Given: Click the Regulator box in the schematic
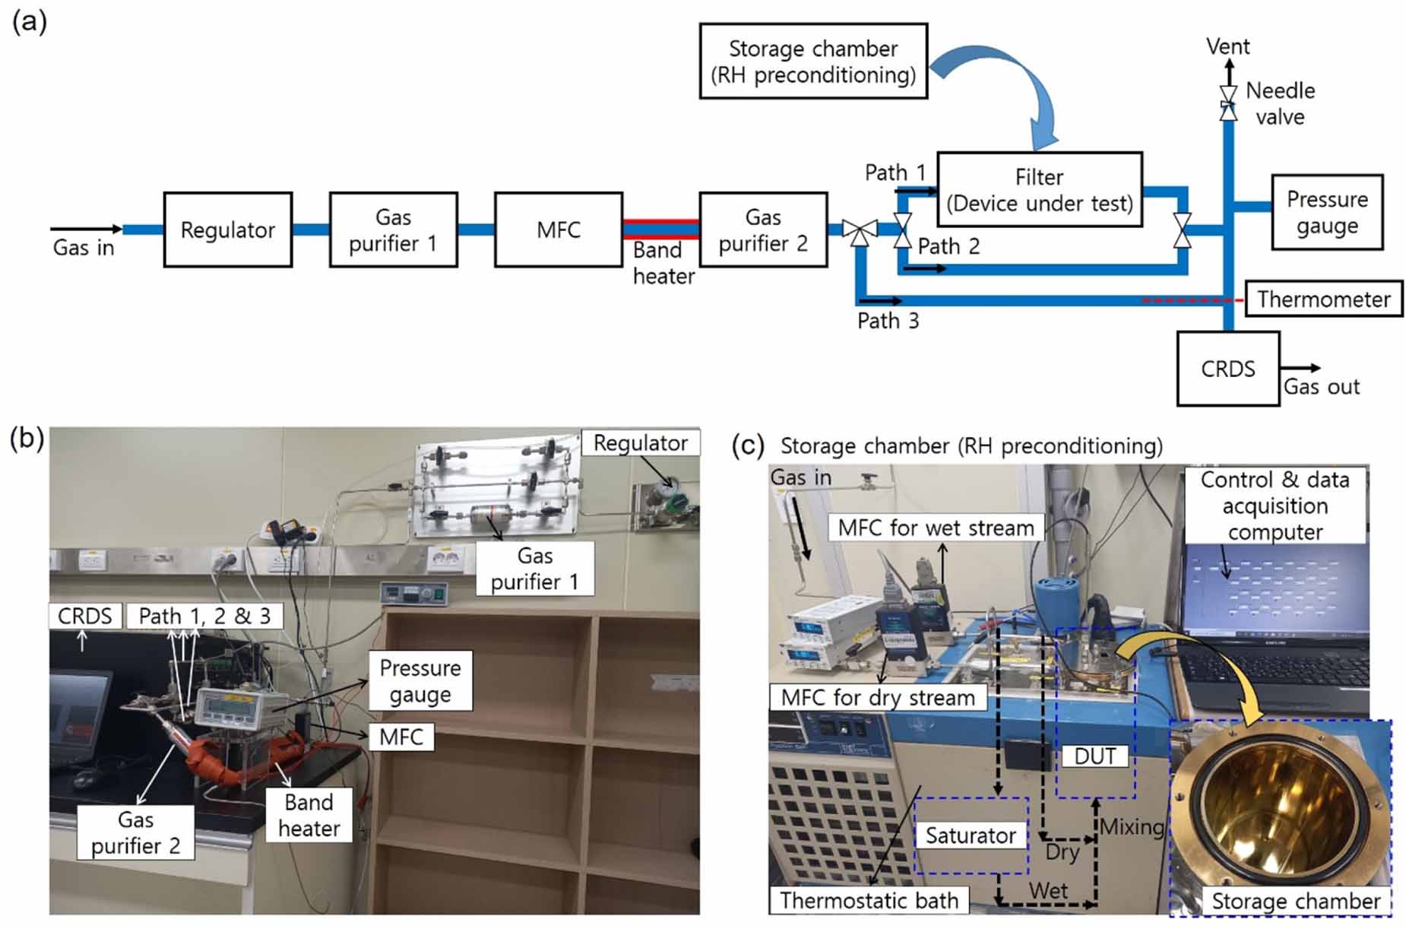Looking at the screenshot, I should coord(227,230).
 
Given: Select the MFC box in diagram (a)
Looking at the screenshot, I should coord(558,230).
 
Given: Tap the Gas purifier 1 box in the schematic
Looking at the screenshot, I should coord(393,230).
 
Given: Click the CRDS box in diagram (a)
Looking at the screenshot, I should coord(1227,369).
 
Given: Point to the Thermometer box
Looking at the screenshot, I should coord(1323,299).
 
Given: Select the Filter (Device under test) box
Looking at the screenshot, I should coord(1039,189).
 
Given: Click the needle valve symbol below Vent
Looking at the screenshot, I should coord(1227,103).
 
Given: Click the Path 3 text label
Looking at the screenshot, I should coord(887,321).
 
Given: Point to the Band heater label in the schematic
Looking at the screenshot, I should coord(663,263).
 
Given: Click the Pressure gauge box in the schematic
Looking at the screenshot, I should coord(1326,212).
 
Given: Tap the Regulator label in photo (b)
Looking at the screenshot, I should coord(640,443).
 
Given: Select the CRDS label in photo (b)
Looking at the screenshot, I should coord(84,616).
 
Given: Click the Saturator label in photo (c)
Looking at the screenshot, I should coord(970,835).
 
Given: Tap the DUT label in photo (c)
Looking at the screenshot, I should coord(1094,756).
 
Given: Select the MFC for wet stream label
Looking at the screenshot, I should coord(936,528).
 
